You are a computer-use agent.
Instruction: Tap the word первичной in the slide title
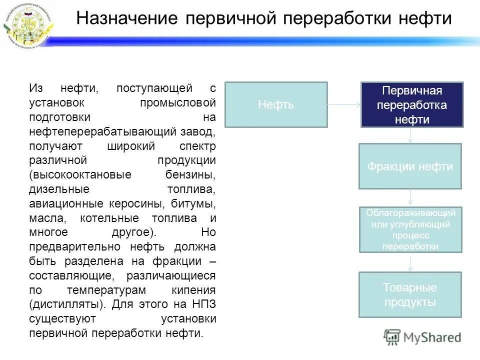pyautogui.click(x=230, y=19)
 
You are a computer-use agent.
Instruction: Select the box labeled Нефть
pyautogui.click(x=276, y=104)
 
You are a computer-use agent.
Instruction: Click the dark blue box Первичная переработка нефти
pyautogui.click(x=412, y=104)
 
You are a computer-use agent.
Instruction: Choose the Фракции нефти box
pyautogui.click(x=410, y=166)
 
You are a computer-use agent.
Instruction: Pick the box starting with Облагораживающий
pyautogui.click(x=410, y=229)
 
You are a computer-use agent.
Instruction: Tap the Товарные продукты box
pyautogui.click(x=410, y=294)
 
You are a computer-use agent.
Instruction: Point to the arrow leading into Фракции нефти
pyautogui.click(x=410, y=135)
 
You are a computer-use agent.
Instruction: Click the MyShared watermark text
pyautogui.click(x=432, y=337)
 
